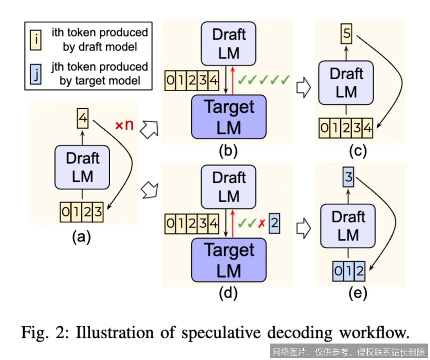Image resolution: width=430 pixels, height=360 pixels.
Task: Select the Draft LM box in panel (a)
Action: point(83,167)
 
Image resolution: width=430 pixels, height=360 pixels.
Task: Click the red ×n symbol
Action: point(125,125)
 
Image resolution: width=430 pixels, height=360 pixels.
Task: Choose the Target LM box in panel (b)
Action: point(229,116)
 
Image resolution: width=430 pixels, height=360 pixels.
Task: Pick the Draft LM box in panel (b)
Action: point(229,43)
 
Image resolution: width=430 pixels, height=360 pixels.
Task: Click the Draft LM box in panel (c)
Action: point(346,82)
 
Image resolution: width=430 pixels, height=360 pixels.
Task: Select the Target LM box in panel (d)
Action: point(229,259)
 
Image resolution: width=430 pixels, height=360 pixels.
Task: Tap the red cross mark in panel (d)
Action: point(260,223)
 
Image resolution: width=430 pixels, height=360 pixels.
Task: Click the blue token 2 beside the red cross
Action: point(274,223)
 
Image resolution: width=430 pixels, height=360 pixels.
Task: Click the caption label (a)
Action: point(81,238)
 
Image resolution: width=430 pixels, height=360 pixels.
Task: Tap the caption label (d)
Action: point(228,294)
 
